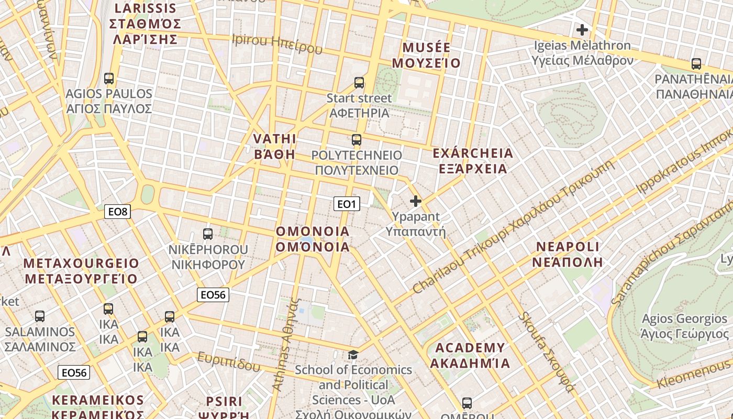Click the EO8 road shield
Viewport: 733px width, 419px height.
pyautogui.click(x=117, y=212)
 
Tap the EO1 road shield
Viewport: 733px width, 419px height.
pyautogui.click(x=347, y=204)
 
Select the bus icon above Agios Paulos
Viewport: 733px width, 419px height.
pyautogui.click(x=109, y=79)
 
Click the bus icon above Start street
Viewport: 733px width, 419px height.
pyautogui.click(x=359, y=83)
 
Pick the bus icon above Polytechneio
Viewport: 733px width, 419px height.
pyautogui.click(x=357, y=140)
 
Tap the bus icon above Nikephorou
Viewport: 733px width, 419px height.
pyautogui.click(x=208, y=234)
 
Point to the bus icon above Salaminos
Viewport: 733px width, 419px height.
pyautogui.click(x=40, y=316)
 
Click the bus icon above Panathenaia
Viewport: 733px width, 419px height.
pyautogui.click(x=696, y=64)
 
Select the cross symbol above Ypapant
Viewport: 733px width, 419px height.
pyautogui.click(x=416, y=201)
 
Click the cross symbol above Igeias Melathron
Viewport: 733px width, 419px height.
pyautogui.click(x=582, y=30)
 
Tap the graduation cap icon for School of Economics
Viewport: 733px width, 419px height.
pyautogui.click(x=353, y=355)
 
